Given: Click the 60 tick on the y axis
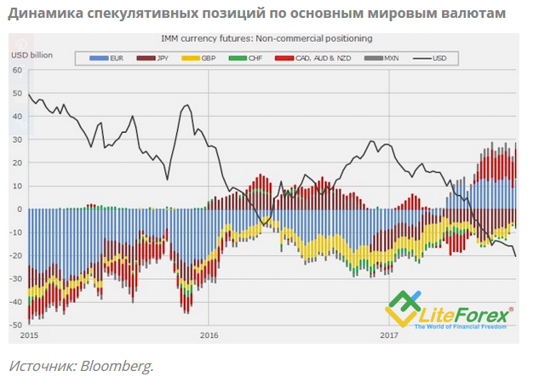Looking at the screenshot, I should [17, 70].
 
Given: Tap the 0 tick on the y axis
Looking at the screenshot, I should [20, 209].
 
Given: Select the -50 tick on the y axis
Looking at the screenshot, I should [16, 325].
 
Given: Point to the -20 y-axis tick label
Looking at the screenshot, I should [16, 255].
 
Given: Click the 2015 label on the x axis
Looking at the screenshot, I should [29, 335].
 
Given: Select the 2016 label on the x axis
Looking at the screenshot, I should [209, 335].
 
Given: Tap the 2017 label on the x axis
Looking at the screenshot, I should [388, 335].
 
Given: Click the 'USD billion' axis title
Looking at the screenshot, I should [32, 54].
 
